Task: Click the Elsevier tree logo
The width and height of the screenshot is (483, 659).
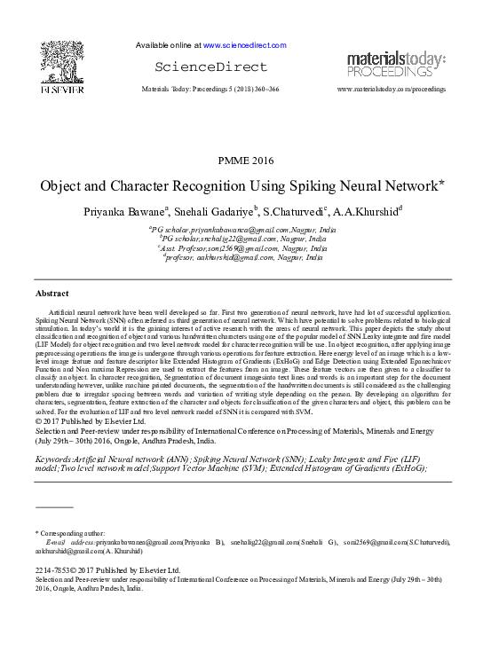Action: click(62, 59)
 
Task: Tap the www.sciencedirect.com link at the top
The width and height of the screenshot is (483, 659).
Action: click(244, 44)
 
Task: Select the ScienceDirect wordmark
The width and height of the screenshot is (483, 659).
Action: click(210, 67)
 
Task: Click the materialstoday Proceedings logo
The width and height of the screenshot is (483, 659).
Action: click(397, 64)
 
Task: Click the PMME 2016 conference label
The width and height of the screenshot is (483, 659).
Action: click(241, 160)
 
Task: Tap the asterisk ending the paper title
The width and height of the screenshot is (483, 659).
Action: click(442, 184)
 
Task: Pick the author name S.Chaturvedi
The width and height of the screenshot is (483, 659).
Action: click(294, 212)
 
